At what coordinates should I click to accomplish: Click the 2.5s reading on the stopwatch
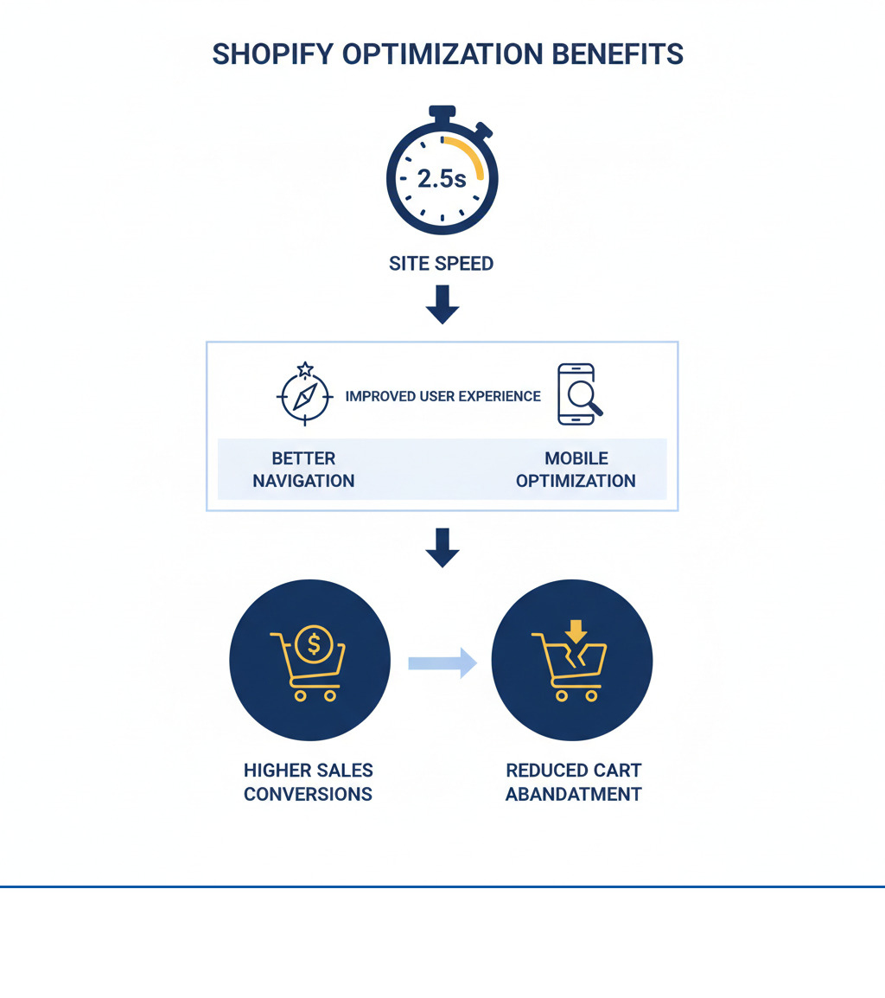pos(442,179)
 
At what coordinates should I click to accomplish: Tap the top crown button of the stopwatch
pos(442,112)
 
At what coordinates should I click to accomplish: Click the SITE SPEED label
pos(442,264)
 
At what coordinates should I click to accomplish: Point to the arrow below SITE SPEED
pos(442,304)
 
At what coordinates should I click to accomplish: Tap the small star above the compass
pos(305,369)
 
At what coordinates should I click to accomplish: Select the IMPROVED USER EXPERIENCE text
pos(442,396)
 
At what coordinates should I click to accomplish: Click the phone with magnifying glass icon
pos(578,394)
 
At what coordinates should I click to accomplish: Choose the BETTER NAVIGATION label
pos(303,470)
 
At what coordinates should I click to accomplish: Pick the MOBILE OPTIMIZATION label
pos(576,470)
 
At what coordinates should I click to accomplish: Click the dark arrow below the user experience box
pos(442,547)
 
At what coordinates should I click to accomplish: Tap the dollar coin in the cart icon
pos(314,643)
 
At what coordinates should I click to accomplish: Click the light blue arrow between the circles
pos(442,662)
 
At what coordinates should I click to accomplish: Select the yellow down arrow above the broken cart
pos(576,630)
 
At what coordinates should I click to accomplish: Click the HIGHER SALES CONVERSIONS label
pos(309,782)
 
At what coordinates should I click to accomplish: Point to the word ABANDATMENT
pos(574,794)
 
